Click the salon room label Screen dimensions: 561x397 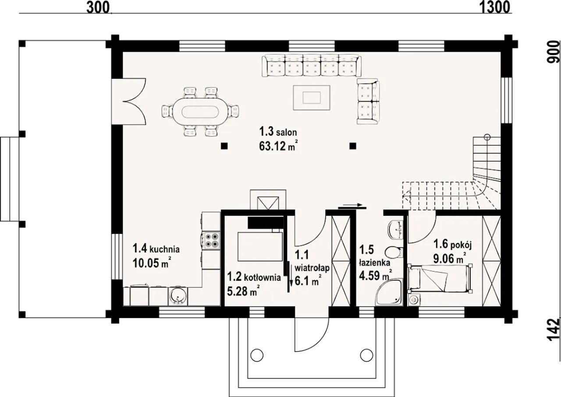[x=278, y=131]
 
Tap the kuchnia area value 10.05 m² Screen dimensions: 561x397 [x=152, y=263]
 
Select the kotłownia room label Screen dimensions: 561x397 [x=254, y=277]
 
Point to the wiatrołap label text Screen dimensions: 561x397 [x=312, y=268]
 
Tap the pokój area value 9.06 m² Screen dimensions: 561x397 [x=450, y=258]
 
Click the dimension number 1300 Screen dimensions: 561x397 [x=494, y=7]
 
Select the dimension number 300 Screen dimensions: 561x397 [x=98, y=7]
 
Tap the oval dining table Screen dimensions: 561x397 [x=200, y=112]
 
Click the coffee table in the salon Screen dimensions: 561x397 [x=312, y=97]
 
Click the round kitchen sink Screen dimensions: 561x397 [x=178, y=297]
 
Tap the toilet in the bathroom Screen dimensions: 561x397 [x=393, y=252]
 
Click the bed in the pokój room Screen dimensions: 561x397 [x=439, y=278]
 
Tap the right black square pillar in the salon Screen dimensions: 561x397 [x=353, y=146]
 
